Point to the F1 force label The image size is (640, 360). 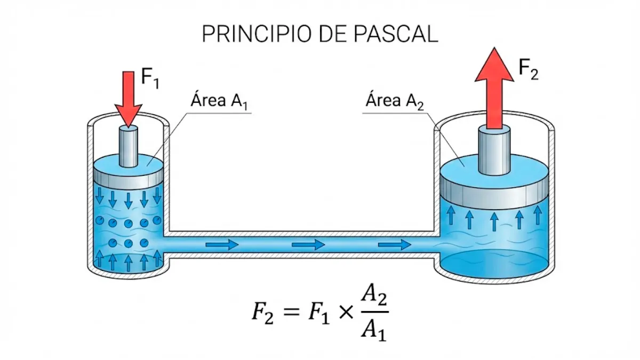pos(150,79)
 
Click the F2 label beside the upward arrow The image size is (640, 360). pos(528,70)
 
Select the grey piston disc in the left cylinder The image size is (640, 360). pos(128,176)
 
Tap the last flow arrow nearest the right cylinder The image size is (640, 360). pos(394,245)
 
